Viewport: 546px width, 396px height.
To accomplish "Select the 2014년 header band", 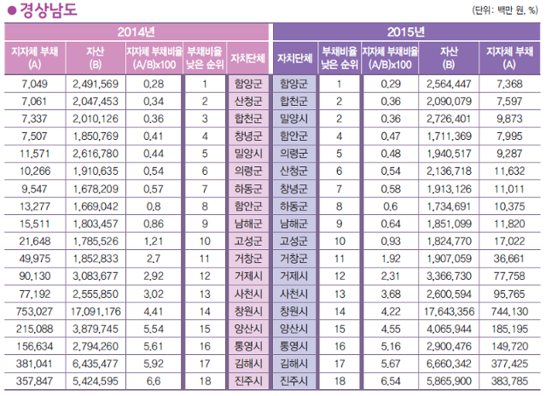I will (136, 32).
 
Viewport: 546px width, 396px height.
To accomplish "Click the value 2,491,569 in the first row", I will (96, 84).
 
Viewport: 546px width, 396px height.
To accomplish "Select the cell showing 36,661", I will (511, 258).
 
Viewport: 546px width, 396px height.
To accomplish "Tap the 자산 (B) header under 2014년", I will (96, 57).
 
